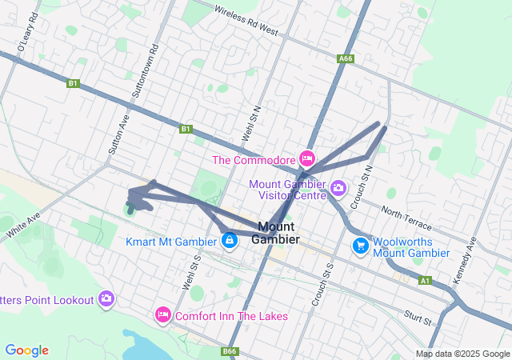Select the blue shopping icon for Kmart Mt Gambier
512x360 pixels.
[230, 240]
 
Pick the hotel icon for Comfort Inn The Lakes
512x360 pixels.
[164, 315]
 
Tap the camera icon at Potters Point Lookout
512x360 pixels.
[106, 299]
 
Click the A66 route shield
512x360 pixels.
[345, 58]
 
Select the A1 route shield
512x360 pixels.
[425, 281]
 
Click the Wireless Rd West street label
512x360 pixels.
[246, 19]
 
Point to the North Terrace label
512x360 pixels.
[406, 217]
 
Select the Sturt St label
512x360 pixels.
[418, 316]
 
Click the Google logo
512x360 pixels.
[26, 350]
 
